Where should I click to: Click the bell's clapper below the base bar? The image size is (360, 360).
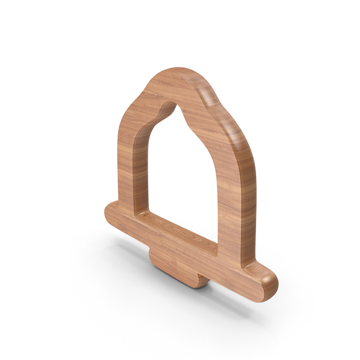[173, 271]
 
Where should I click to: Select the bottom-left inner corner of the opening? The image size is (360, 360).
[140, 212]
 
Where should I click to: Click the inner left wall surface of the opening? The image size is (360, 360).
[144, 168]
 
